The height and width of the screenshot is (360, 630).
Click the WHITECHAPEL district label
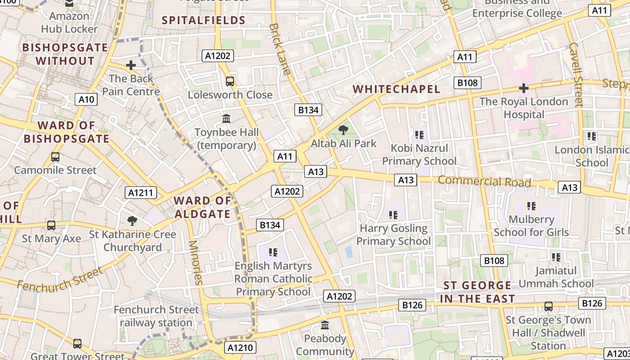click(396, 89)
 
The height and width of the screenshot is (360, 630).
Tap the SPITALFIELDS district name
click(203, 20)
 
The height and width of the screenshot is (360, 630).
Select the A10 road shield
click(86, 99)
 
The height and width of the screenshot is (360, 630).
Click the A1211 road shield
click(141, 193)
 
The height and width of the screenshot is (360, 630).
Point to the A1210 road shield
click(240, 347)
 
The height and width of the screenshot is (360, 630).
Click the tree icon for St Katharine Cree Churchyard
click(132, 220)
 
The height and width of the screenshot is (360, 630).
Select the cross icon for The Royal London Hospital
click(523, 88)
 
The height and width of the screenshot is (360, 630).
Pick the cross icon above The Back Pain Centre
click(131, 66)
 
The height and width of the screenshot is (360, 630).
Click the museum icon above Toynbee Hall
click(226, 119)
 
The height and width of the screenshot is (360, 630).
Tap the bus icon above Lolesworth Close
click(230, 81)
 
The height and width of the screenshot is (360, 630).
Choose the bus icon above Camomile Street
click(55, 157)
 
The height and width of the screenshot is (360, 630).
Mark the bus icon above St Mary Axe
click(51, 225)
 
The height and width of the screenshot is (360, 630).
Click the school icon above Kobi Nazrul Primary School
click(419, 135)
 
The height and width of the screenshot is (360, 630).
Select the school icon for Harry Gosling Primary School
click(393, 215)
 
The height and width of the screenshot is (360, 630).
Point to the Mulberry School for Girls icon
click(531, 206)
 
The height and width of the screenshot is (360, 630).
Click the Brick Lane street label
click(279, 49)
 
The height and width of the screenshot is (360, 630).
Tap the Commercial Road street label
click(484, 181)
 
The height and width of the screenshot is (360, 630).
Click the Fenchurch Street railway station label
click(156, 316)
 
